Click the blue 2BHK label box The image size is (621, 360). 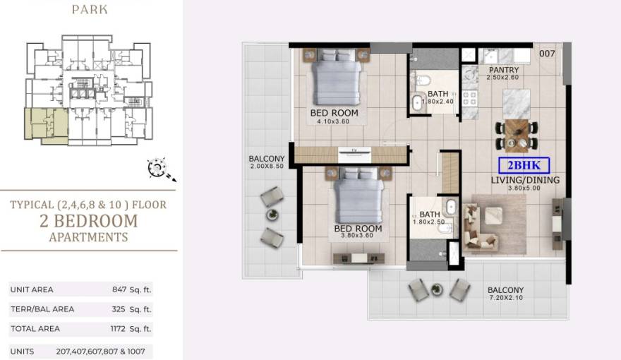(x=524, y=166)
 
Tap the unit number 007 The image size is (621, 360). (x=547, y=54)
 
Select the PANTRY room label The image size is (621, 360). (x=504, y=70)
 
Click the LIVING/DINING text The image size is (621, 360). (x=525, y=180)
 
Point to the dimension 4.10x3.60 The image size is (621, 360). (x=333, y=121)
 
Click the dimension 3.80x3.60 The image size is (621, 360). (x=357, y=236)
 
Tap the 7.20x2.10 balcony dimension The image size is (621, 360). (x=506, y=298)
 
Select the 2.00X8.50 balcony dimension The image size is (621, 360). (x=267, y=167)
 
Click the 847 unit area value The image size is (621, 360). (x=119, y=289)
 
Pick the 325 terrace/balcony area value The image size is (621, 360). (x=119, y=309)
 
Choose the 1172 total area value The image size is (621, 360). (x=118, y=329)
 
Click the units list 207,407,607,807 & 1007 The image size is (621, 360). (x=101, y=352)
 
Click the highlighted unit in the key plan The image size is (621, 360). (x=46, y=124)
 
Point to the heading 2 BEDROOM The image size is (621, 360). (x=89, y=221)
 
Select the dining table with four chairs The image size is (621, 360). (x=517, y=136)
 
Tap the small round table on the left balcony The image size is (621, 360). (x=272, y=215)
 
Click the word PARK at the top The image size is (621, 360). (x=90, y=9)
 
